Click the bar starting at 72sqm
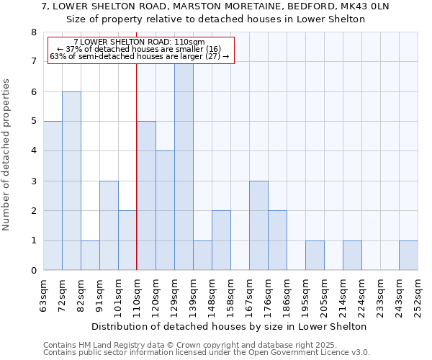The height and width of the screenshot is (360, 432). pyautogui.click(x=71, y=181)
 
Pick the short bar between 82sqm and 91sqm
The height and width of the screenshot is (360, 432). pyautogui.click(x=90, y=256)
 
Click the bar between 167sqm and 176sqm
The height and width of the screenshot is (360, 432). pyautogui.click(x=258, y=225)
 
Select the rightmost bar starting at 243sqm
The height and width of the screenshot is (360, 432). pyautogui.click(x=408, y=256)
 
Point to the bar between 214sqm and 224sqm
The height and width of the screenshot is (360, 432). pyautogui.click(x=352, y=256)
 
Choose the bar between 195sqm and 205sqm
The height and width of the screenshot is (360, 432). pyautogui.click(x=315, y=256)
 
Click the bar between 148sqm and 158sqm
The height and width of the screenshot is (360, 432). pyautogui.click(x=221, y=240)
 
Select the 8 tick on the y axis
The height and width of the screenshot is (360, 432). pyautogui.click(x=33, y=32)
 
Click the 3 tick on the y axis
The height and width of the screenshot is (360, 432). pyautogui.click(x=33, y=181)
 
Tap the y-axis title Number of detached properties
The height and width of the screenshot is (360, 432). pyautogui.click(x=7, y=155)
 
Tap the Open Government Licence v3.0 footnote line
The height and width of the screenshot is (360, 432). pyautogui.click(x=207, y=352)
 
